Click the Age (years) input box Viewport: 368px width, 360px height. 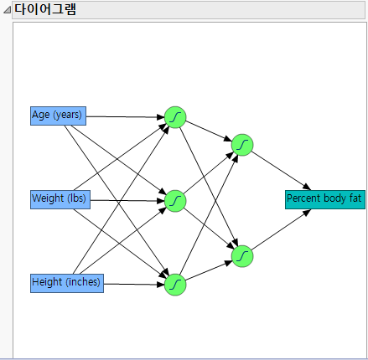(57, 116)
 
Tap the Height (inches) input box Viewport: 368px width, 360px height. (66, 283)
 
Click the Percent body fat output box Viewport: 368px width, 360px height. (324, 199)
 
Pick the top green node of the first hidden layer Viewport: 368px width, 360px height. (175, 117)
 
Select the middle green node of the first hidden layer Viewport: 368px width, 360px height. (175, 200)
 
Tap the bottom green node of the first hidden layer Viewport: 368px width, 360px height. (175, 285)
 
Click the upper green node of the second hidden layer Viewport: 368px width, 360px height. (242, 146)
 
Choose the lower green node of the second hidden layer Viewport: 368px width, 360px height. (242, 255)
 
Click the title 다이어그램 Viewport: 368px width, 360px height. (46, 9)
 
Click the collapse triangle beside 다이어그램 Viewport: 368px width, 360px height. (7, 10)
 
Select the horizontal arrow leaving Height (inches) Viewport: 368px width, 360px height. (134, 284)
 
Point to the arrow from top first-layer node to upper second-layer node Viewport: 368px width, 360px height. (208, 131)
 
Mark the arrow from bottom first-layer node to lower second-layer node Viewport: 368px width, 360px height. (208, 271)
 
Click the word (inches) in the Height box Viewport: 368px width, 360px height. (84, 283)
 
